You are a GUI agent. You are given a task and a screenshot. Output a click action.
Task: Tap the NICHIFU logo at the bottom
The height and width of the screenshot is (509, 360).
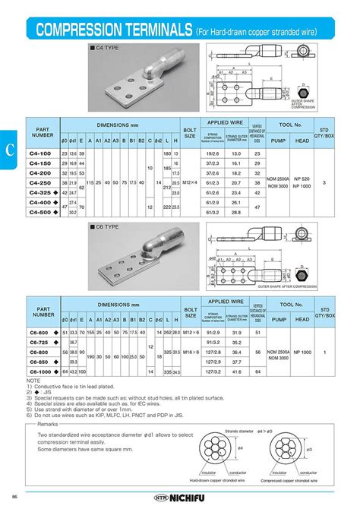[180, 498]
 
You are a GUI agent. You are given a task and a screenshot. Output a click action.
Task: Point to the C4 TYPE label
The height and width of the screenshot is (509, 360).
[106, 48]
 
